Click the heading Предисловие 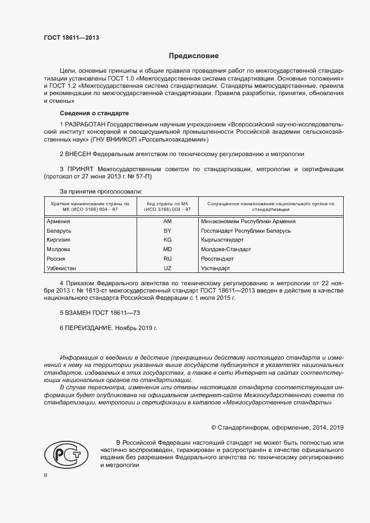click(194, 56)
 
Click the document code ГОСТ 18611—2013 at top click(71, 37)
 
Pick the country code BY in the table click(167, 230)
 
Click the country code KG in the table click(167, 240)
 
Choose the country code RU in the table click(167, 259)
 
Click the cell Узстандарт click(215, 268)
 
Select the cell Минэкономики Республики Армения click(247, 221)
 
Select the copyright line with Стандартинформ click(277, 427)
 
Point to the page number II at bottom click(45, 475)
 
